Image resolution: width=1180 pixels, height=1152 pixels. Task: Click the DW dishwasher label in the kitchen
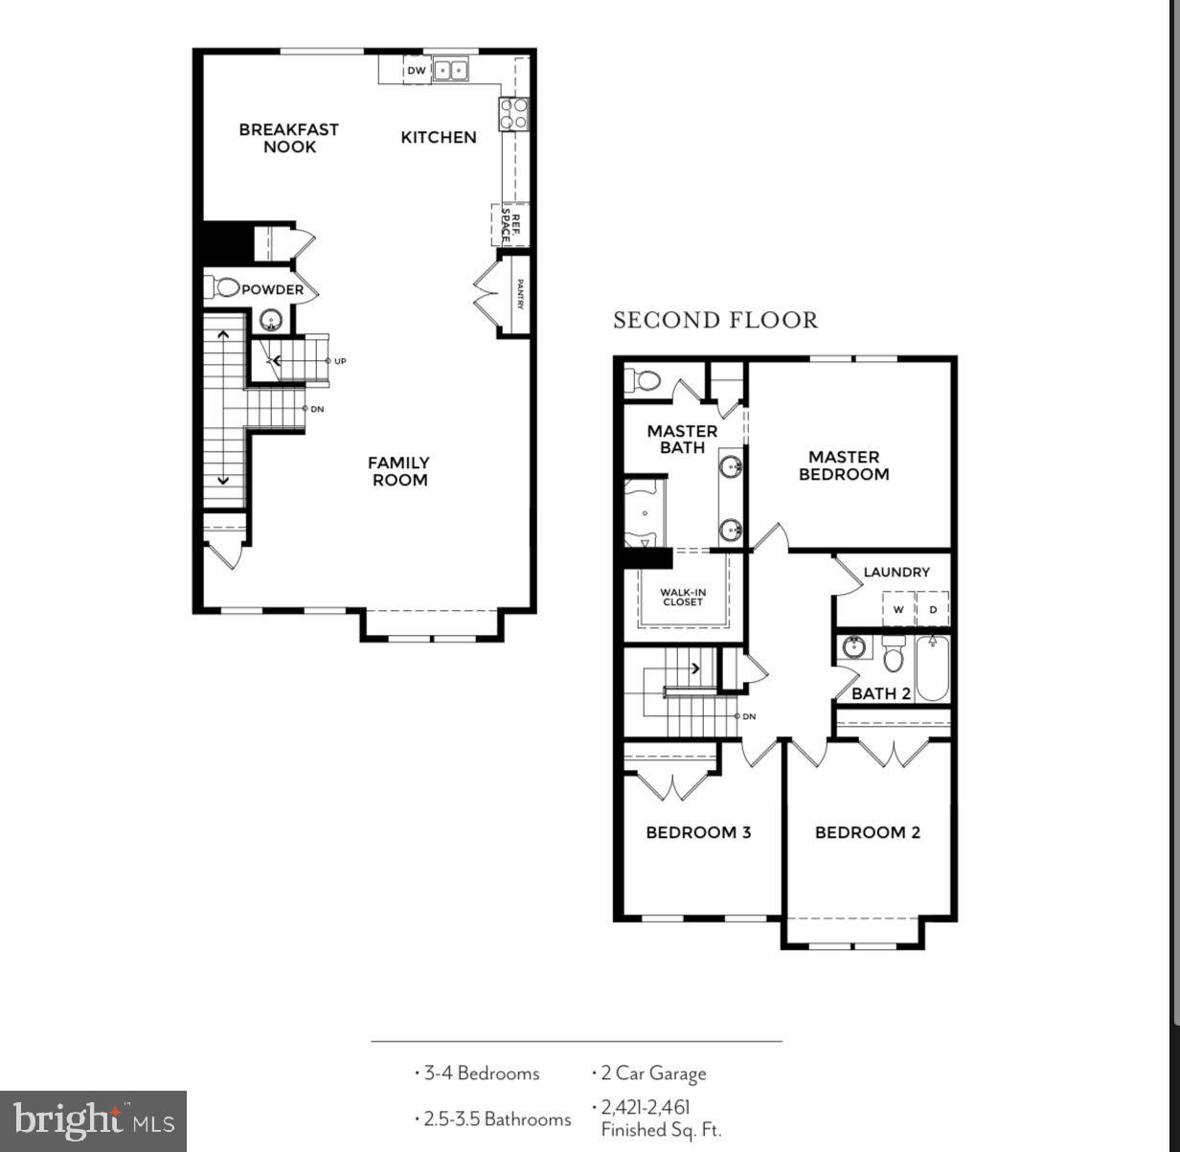(416, 71)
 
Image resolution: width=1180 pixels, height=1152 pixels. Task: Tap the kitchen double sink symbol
(450, 70)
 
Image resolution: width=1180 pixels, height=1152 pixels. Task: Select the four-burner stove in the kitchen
(513, 114)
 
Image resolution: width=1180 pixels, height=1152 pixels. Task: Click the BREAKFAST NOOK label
(288, 138)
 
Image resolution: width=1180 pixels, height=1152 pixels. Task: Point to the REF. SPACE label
(511, 227)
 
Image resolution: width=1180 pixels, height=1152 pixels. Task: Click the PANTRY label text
(520, 295)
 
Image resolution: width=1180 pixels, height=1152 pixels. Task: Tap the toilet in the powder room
(223, 286)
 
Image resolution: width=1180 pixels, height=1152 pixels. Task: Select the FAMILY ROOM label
(399, 471)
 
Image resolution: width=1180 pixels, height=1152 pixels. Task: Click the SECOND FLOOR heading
(715, 320)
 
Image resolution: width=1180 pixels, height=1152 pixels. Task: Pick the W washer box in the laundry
(898, 609)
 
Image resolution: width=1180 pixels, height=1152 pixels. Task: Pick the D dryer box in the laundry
(933, 609)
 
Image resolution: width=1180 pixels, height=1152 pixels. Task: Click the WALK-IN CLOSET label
(683, 598)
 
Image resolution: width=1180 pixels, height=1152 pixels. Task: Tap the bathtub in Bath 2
(932, 669)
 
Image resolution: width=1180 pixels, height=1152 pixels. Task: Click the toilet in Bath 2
(894, 656)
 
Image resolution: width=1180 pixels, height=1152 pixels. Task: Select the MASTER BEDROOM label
(844, 465)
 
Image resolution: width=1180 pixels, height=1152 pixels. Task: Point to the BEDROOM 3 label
(698, 832)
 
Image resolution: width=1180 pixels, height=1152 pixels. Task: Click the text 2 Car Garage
(653, 1073)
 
